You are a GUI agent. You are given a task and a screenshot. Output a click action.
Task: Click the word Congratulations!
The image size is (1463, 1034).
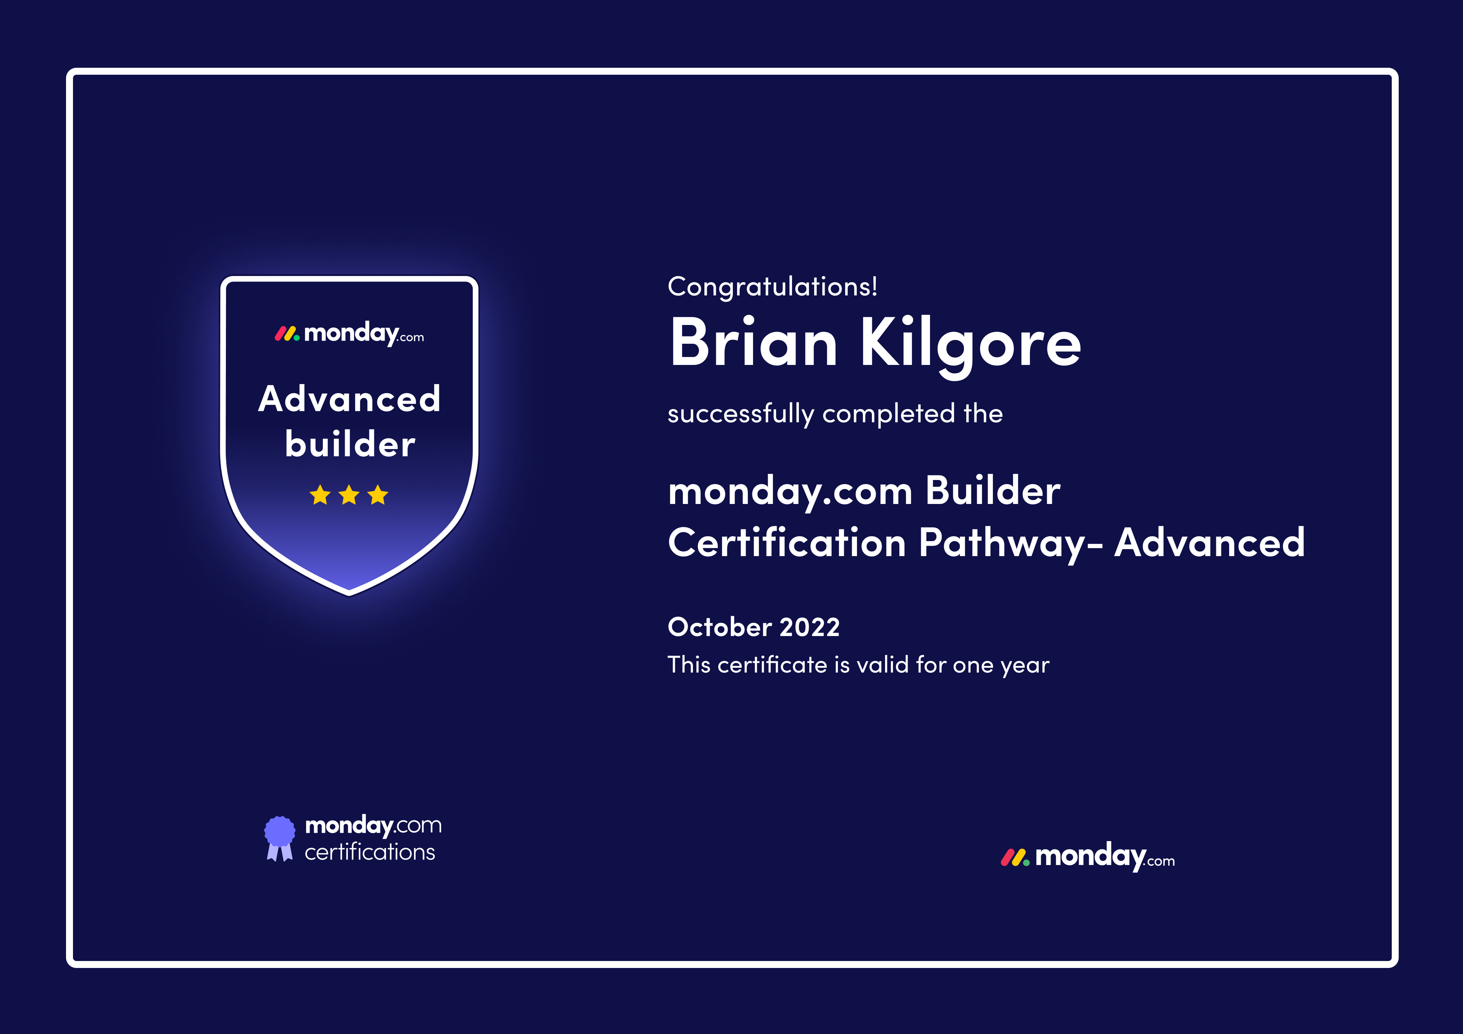pyautogui.click(x=772, y=287)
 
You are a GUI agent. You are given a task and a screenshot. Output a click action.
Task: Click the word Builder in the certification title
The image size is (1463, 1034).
pyautogui.click(x=993, y=491)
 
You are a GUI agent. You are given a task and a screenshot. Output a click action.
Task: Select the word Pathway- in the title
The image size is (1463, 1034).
pyautogui.click(x=1011, y=544)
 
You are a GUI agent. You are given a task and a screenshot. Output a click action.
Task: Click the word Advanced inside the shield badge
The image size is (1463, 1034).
pyautogui.click(x=349, y=399)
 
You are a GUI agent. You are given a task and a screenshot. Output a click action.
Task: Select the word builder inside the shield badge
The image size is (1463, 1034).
pyautogui.click(x=350, y=444)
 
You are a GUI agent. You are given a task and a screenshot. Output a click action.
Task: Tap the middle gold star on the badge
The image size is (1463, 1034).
pyautogui.click(x=349, y=495)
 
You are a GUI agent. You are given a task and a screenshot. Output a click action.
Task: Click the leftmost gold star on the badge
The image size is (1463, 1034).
pyautogui.click(x=320, y=495)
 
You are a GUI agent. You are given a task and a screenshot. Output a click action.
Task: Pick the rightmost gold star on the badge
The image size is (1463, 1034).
pyautogui.click(x=378, y=495)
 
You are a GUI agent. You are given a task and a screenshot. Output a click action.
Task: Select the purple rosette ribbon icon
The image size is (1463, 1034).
pyautogui.click(x=280, y=838)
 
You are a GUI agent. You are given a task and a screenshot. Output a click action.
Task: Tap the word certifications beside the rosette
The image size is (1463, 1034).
pyautogui.click(x=370, y=852)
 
